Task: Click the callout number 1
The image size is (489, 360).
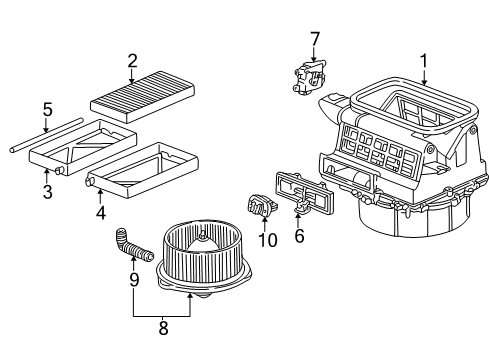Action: point(424,62)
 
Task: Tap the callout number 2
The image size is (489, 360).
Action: point(132,62)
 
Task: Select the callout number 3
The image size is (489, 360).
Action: point(48,191)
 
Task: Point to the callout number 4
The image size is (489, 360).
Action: point(101,212)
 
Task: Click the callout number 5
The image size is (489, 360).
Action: point(48,109)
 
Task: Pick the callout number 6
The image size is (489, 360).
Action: point(299,235)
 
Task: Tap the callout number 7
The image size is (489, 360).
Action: point(315,39)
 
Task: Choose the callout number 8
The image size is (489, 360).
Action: point(163,328)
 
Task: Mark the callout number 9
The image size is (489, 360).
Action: point(134,279)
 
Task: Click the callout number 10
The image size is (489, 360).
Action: point(268,240)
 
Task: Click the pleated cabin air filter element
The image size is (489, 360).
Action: point(142,97)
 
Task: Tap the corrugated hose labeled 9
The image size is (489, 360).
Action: point(133,247)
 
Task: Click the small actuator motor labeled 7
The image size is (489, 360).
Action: point(309,76)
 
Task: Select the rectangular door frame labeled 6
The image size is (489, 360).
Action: point(304,194)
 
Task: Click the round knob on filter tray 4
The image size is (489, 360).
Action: point(89,181)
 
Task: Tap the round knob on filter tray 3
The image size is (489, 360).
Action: point(60,170)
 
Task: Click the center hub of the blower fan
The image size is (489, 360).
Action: point(202,237)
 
